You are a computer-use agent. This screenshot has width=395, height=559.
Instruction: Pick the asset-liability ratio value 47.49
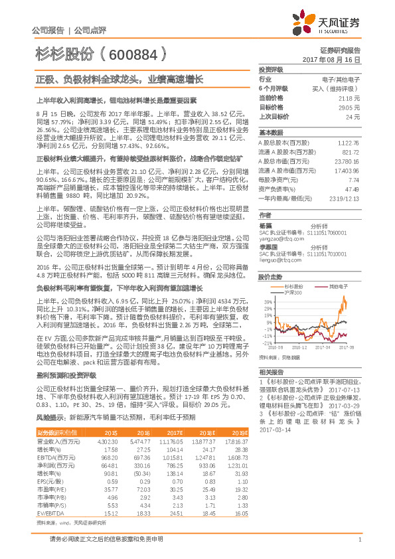coord(353,189)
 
